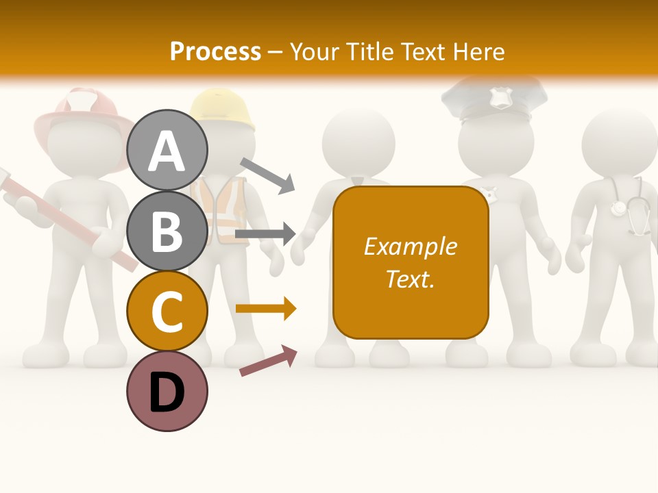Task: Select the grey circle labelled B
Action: pos(167,231)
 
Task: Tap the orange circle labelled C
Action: pos(167,312)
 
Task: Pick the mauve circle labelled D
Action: pos(167,392)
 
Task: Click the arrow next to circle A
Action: pos(267,175)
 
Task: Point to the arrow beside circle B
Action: pos(265,234)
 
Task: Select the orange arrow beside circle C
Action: pos(266,309)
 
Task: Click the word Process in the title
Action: pos(215,51)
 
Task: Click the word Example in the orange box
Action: pos(410,246)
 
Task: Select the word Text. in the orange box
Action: pos(410,279)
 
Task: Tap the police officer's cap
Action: pos(493,99)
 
